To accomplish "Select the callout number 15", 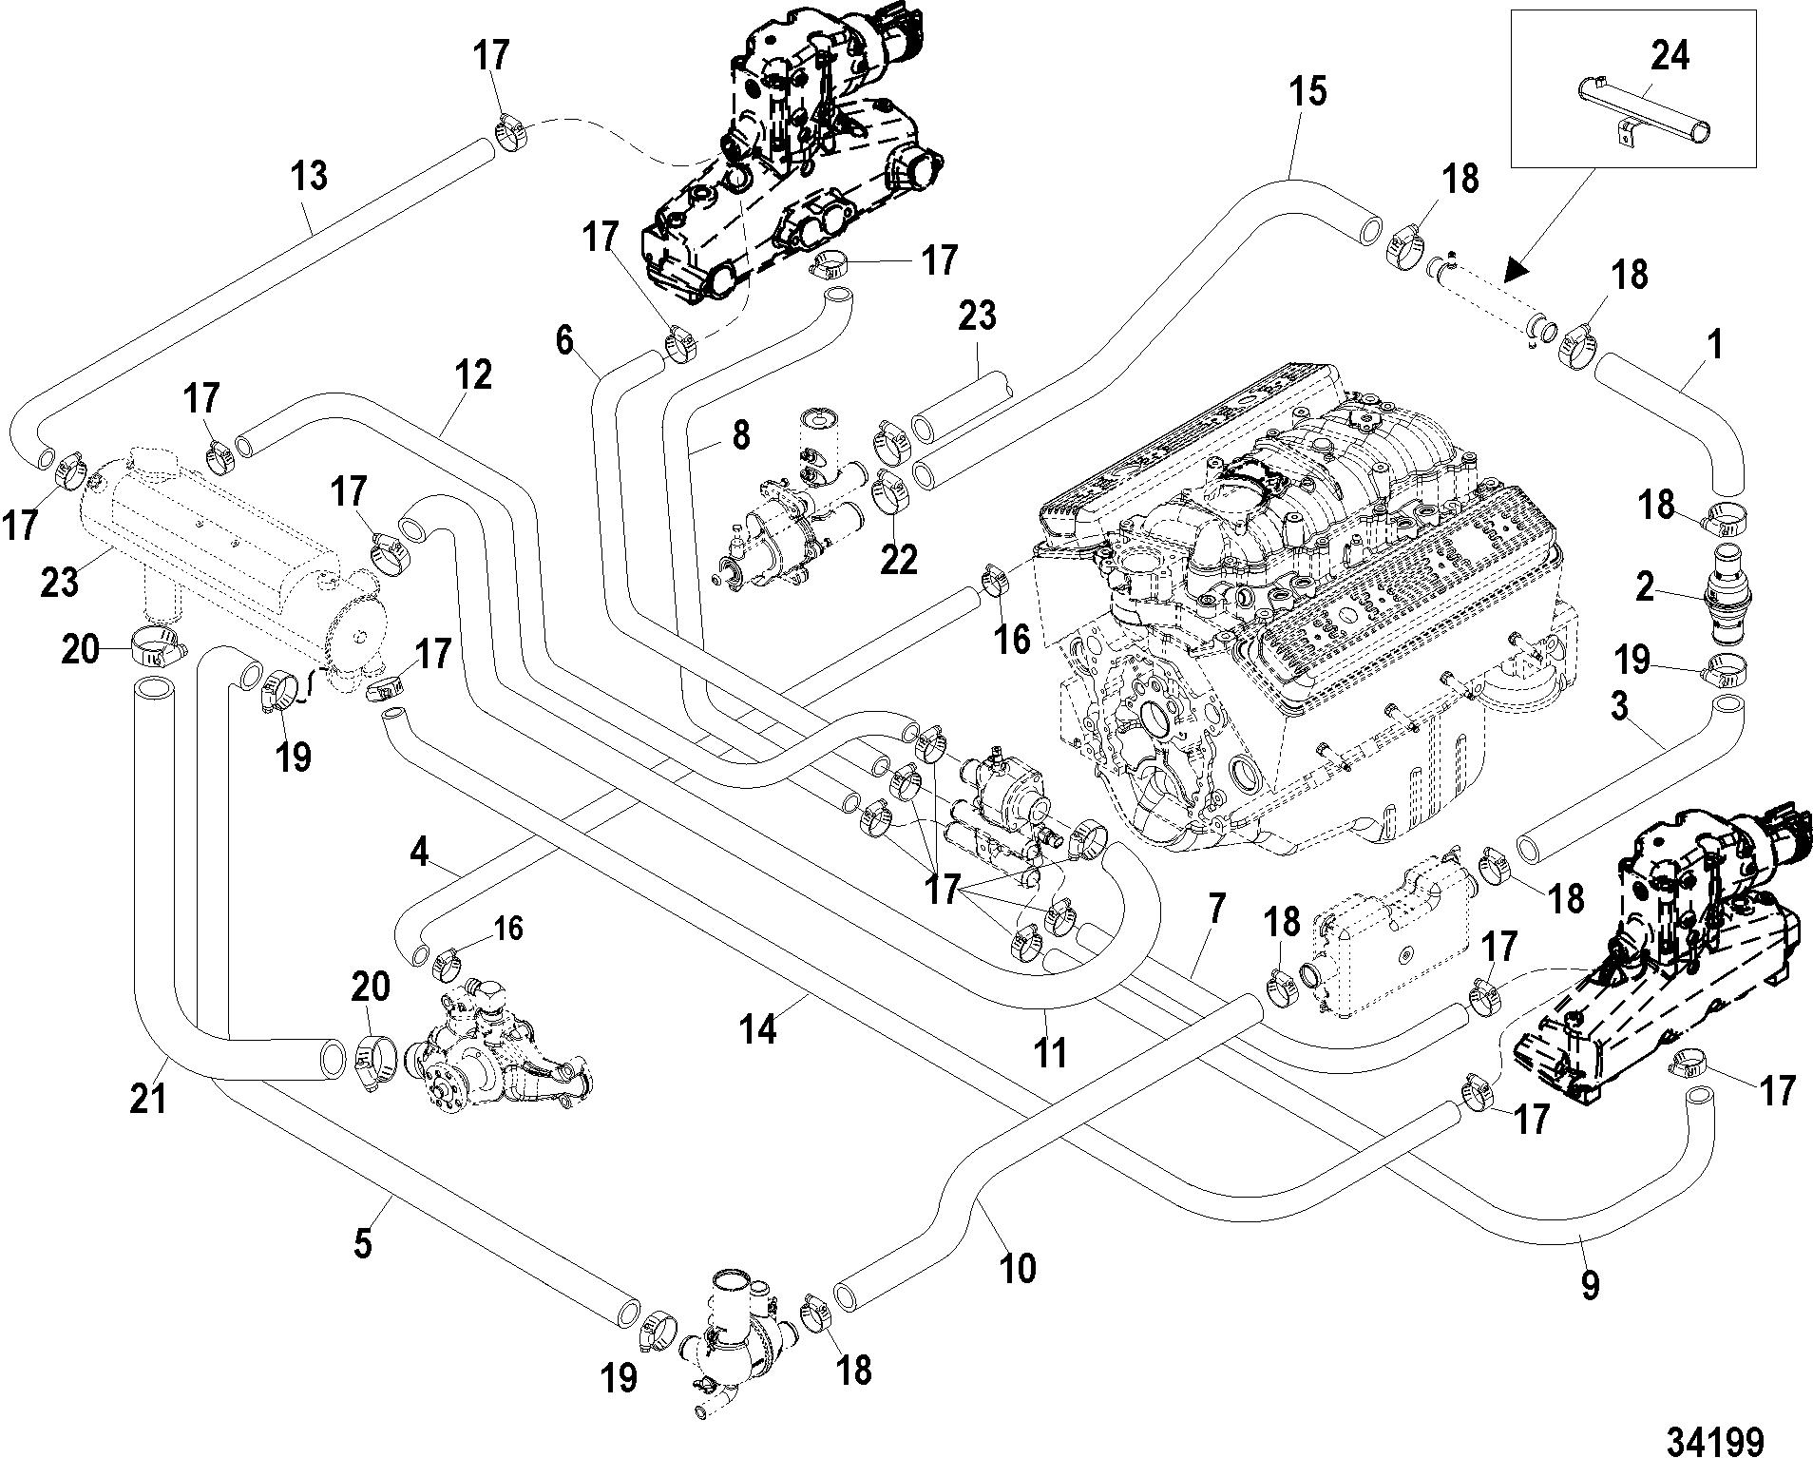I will tap(1308, 92).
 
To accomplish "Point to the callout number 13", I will tap(310, 176).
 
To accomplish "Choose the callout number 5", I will tap(363, 1244).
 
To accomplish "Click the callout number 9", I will tap(1590, 1285).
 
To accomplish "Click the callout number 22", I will tap(899, 559).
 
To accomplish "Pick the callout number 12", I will tap(474, 376).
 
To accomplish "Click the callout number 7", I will tap(1217, 911).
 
